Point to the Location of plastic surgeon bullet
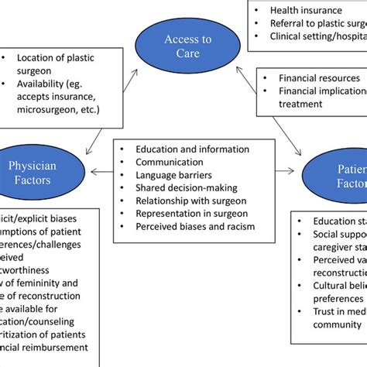click(59, 63)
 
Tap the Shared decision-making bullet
click(187, 188)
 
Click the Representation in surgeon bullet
click(196, 214)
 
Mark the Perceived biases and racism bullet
click(194, 227)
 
